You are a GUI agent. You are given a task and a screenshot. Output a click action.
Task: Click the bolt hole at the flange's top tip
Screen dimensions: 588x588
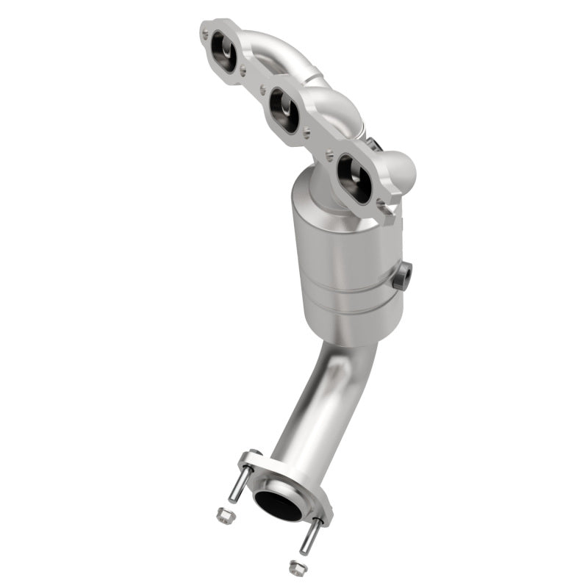[x=207, y=31]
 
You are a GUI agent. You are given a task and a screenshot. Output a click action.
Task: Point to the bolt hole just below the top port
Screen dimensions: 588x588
[x=243, y=71]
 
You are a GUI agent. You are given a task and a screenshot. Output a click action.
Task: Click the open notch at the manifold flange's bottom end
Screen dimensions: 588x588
[x=384, y=208]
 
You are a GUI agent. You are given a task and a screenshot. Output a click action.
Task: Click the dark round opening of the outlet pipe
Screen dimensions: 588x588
[x=278, y=503]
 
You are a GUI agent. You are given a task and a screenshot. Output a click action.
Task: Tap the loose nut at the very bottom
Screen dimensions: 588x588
[x=297, y=567]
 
